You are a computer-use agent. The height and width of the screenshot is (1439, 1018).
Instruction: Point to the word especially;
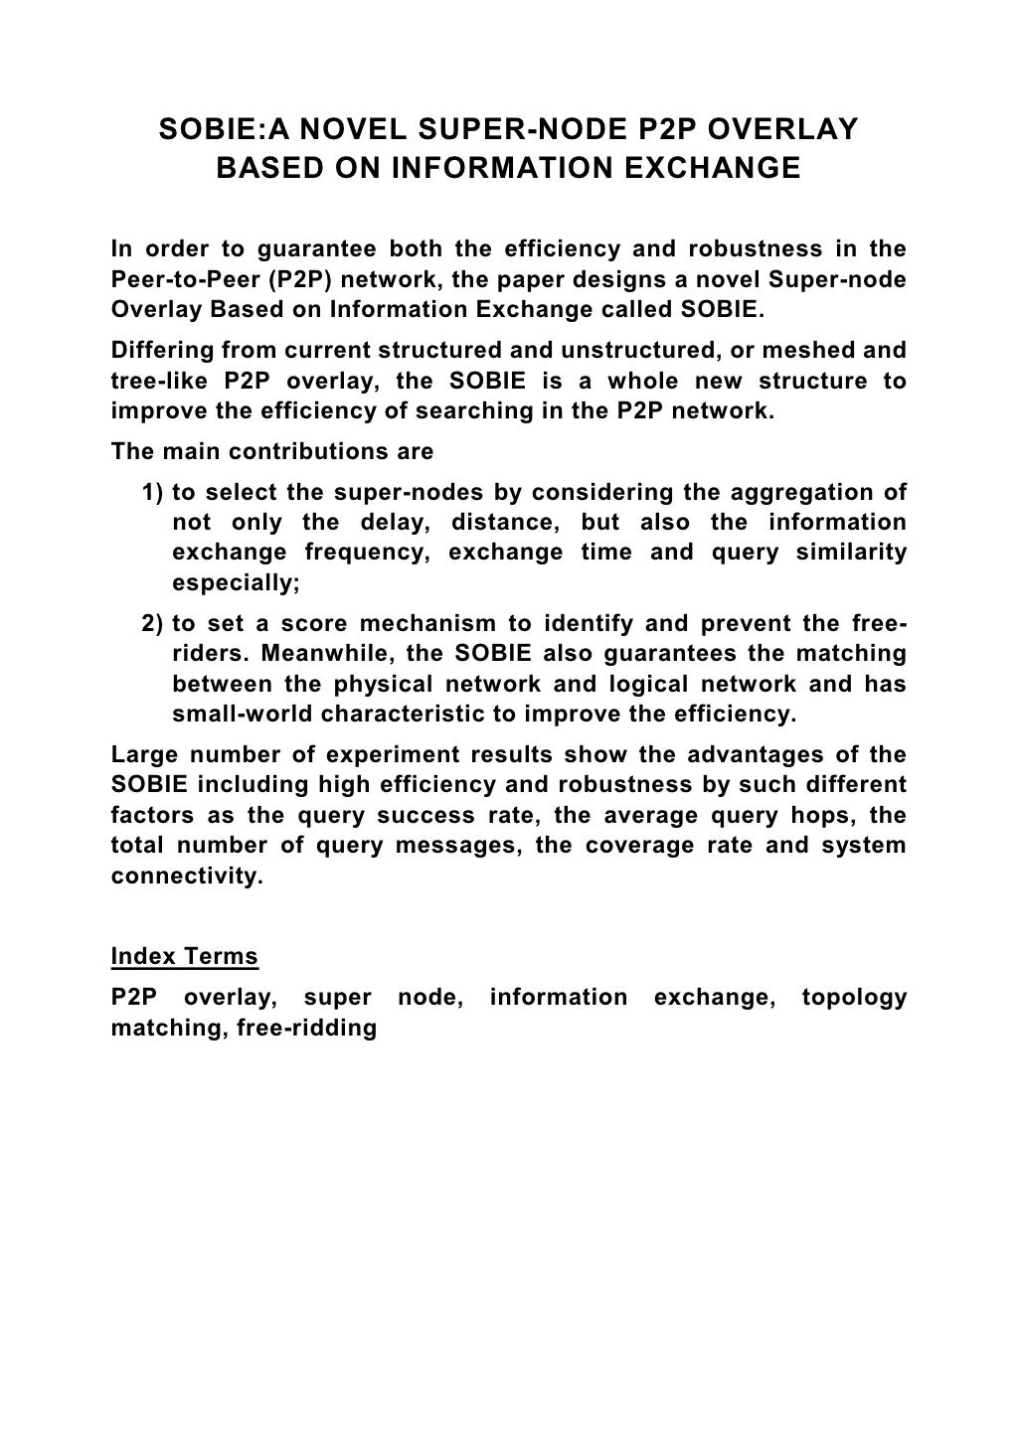[236, 583]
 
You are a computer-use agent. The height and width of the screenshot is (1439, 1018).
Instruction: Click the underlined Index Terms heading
[184, 957]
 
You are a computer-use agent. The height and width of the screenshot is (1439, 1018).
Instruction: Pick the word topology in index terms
[854, 998]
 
